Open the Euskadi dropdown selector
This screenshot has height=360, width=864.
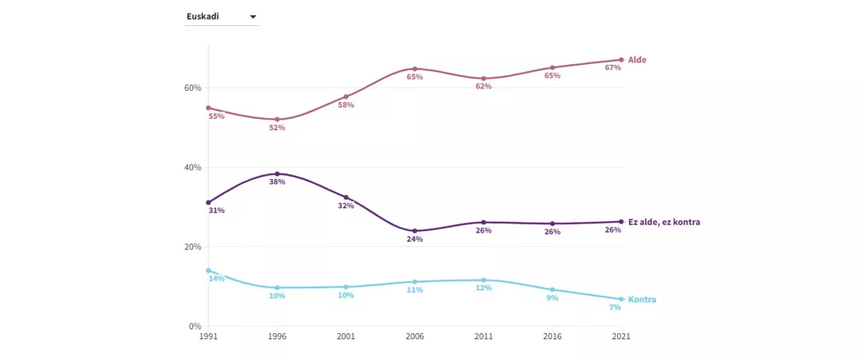point(221,17)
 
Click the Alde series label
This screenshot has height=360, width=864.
point(637,60)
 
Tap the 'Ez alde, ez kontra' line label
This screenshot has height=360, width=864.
point(664,222)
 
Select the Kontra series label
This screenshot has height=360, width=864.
point(642,300)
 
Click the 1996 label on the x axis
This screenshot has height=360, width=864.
point(277,336)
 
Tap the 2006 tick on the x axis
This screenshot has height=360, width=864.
point(415,336)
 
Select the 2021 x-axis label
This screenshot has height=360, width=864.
point(621,336)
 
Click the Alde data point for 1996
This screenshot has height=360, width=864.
point(277,120)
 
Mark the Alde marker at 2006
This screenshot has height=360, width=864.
point(415,69)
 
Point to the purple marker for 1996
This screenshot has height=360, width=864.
point(277,174)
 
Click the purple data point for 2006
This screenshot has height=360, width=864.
point(415,231)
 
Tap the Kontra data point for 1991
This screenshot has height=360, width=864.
point(208,271)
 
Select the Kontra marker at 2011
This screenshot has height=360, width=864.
point(483,280)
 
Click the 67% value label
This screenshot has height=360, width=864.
point(613,68)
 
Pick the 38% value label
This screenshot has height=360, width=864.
point(277,182)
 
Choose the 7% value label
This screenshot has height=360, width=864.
point(615,307)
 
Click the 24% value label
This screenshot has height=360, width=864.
point(415,240)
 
